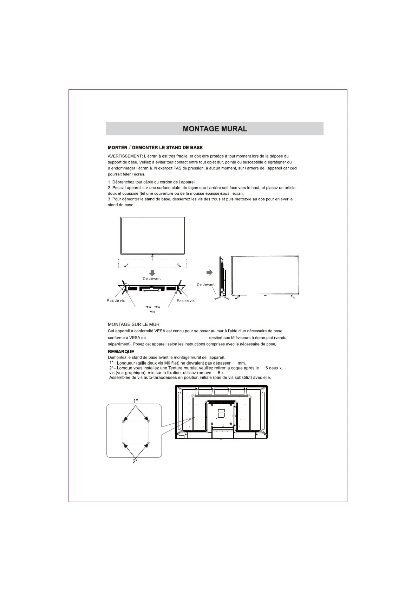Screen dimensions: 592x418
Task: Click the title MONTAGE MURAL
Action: pos(215,129)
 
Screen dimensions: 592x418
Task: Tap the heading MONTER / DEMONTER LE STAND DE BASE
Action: pos(155,148)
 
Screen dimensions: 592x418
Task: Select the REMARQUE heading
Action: pos(121,352)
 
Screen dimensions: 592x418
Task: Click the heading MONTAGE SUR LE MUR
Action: pos(133,324)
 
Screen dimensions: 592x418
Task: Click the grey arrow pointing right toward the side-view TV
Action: pos(209,272)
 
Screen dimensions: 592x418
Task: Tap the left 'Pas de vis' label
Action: pos(116,301)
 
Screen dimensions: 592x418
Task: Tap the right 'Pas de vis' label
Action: pos(185,301)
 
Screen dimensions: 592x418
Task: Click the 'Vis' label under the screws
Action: pos(152,311)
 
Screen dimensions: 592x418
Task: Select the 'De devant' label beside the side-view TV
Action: pos(205,284)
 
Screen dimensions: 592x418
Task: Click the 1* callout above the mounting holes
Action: pos(135,401)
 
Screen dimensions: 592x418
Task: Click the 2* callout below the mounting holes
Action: pos(135,462)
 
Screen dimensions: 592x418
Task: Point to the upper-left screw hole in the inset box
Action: pos(123,421)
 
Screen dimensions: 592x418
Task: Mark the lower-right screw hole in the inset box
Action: pos(149,444)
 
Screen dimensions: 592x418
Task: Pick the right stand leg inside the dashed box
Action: pos(178,265)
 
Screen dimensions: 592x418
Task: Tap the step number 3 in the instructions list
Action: pos(109,199)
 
